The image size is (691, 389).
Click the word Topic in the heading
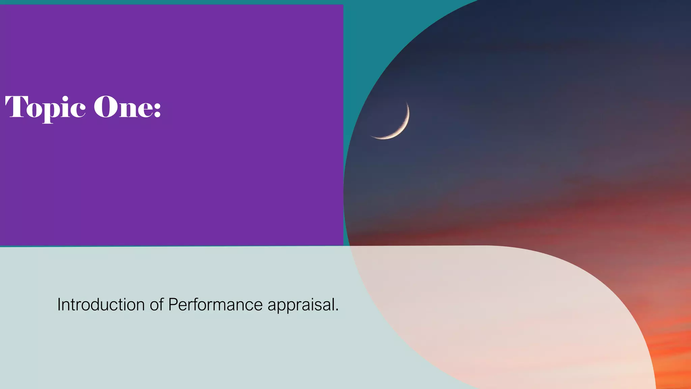click(45, 107)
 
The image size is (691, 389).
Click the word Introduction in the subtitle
click(101, 305)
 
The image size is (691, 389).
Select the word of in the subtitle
click(157, 305)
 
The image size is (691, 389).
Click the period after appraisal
click(337, 310)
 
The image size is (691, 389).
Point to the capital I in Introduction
click(59, 305)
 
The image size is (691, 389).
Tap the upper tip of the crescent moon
click(407, 103)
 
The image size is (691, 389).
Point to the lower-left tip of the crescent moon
click(371, 136)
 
